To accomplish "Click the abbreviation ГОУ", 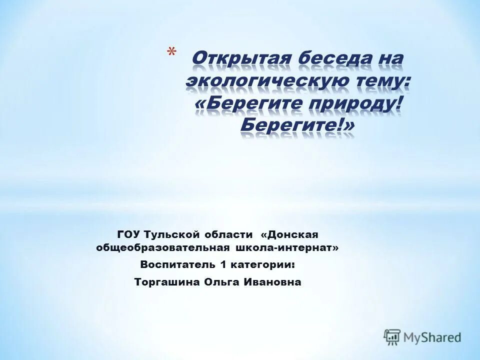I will [129, 234].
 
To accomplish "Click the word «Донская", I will [290, 234].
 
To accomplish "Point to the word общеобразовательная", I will [163, 248].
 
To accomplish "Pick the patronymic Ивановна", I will [272, 282].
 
